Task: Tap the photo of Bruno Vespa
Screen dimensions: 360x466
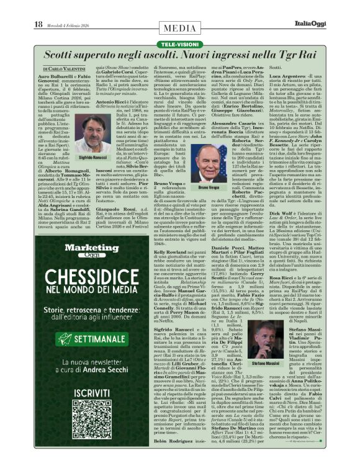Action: (210, 164)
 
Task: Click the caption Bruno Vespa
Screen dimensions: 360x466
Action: (210, 187)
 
